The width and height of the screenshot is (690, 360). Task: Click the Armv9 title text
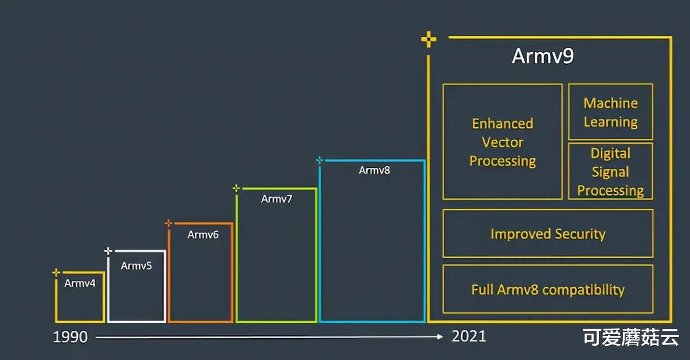click(x=543, y=57)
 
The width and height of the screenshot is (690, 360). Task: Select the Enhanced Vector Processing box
click(x=502, y=142)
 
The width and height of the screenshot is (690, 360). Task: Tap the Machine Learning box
click(x=610, y=112)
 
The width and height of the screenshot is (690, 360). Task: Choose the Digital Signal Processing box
click(x=610, y=171)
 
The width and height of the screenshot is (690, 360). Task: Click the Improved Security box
click(x=547, y=233)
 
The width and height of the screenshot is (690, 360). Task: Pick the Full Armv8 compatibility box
click(x=547, y=289)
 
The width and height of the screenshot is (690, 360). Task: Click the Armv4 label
click(x=80, y=283)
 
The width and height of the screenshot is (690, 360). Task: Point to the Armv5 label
click(x=136, y=265)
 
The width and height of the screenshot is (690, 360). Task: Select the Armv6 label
click(x=203, y=234)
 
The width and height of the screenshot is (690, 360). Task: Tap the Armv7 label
click(x=277, y=199)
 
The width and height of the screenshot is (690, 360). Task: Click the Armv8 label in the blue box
click(x=374, y=170)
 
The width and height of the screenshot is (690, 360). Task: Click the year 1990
click(x=70, y=337)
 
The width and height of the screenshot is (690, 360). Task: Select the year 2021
click(x=469, y=336)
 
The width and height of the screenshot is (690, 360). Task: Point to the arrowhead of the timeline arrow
click(x=440, y=337)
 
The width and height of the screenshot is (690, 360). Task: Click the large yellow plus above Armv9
click(x=428, y=40)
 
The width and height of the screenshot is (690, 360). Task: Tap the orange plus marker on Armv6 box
click(x=168, y=223)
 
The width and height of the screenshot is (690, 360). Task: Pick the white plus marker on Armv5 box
click(x=108, y=251)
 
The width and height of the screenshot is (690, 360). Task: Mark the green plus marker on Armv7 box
click(x=236, y=188)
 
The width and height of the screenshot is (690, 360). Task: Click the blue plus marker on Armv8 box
click(x=320, y=161)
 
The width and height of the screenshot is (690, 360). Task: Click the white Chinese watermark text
click(x=631, y=338)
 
